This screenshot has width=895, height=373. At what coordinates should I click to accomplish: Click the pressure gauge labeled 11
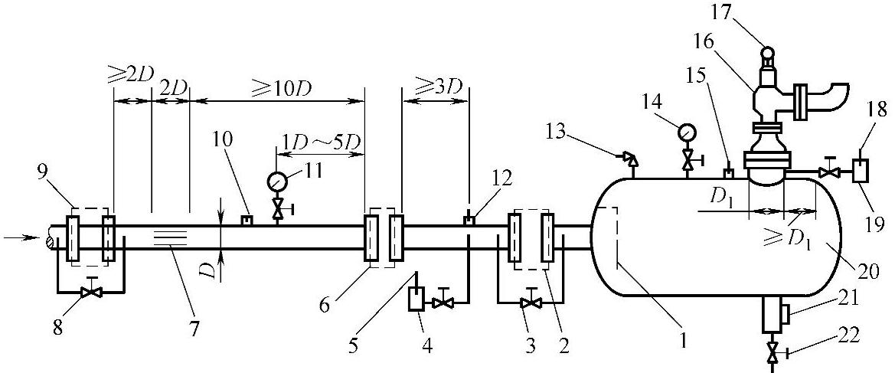pyautogui.click(x=276, y=182)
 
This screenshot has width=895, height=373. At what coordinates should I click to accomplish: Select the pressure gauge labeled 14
pyautogui.click(x=687, y=133)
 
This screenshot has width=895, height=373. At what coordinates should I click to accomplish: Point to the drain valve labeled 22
pyautogui.click(x=773, y=354)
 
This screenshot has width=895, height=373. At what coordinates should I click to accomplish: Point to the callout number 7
pyautogui.click(x=194, y=329)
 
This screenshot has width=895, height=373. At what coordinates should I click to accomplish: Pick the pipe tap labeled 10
pyautogui.click(x=247, y=221)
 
